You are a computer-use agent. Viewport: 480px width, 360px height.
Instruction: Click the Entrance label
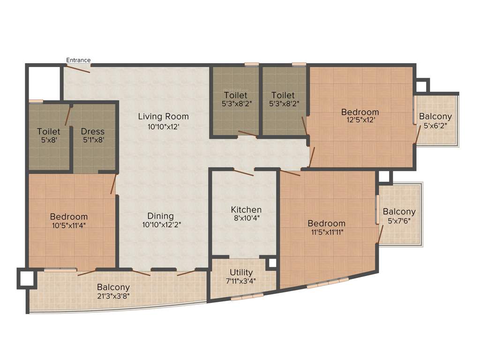pos(78,60)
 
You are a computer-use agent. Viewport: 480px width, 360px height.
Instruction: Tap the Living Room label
pos(163,116)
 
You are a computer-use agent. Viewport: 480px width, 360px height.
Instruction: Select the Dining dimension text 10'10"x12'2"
pos(161,225)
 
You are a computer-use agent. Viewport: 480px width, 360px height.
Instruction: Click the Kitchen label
pos(246,210)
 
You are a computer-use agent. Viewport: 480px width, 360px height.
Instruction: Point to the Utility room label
pos(241,272)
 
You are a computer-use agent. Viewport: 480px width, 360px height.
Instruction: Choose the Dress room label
pos(92,131)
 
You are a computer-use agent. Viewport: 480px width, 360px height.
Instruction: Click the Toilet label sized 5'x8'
pos(49,131)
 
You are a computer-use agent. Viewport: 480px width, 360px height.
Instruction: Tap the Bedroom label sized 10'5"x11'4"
pos(69,217)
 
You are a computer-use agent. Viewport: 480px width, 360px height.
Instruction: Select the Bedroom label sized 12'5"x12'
pos(360,112)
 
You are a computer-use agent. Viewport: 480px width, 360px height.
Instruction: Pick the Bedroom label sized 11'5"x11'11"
pos(326,223)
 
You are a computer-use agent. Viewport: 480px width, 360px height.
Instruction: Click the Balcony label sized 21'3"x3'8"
pos(113,287)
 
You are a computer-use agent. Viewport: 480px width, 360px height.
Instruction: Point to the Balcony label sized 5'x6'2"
pos(435,116)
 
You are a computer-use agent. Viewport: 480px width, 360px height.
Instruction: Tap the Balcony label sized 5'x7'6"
pos(399,211)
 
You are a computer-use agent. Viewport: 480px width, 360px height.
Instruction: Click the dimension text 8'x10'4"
pos(246,218)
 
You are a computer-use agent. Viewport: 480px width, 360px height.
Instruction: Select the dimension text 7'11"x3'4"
pos(242,281)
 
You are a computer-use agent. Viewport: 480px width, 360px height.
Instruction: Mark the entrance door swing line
pos(77,69)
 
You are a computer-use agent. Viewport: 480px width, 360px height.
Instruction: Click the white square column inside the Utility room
pos(271,263)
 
